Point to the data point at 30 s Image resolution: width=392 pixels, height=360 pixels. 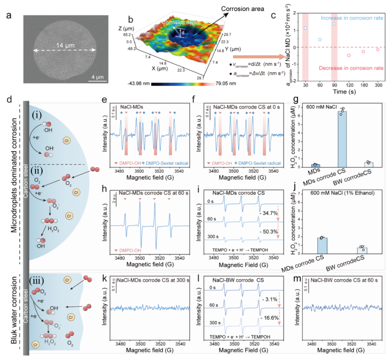(305, 28)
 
